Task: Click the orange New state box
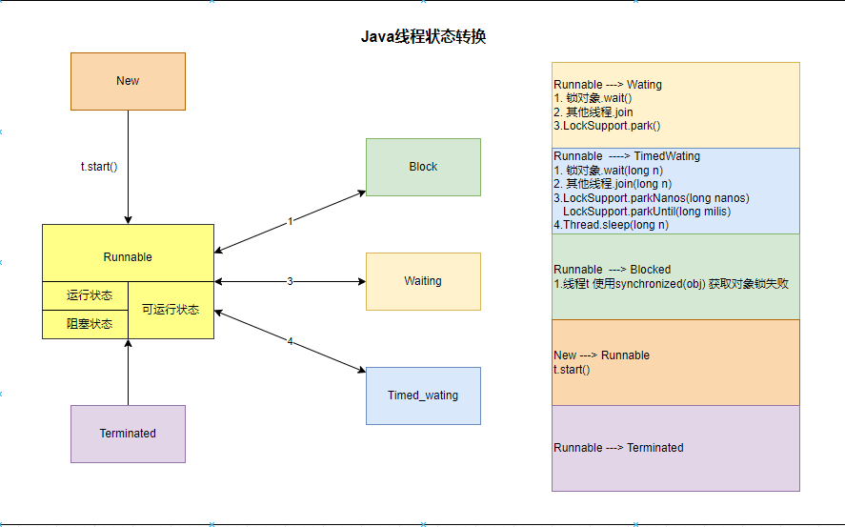pyautogui.click(x=128, y=81)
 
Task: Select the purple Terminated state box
pyautogui.click(x=128, y=434)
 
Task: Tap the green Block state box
pyautogui.click(x=423, y=167)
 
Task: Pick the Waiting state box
pyautogui.click(x=423, y=281)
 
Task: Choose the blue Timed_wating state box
pyautogui.click(x=423, y=395)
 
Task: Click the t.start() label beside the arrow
pyautogui.click(x=98, y=167)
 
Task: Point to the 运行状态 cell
pyautogui.click(x=85, y=295)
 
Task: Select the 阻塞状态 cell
pyautogui.click(x=85, y=324)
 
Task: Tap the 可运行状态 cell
pyautogui.click(x=171, y=310)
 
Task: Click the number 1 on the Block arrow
pyautogui.click(x=290, y=221)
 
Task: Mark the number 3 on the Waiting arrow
pyautogui.click(x=290, y=281)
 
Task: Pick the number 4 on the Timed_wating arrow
pyautogui.click(x=290, y=341)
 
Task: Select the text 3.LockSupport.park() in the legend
pyautogui.click(x=607, y=125)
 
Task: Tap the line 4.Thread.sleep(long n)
pyautogui.click(x=611, y=225)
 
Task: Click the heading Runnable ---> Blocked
pyautogui.click(x=612, y=269)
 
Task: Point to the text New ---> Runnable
pyautogui.click(x=601, y=355)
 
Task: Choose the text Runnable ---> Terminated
pyautogui.click(x=618, y=447)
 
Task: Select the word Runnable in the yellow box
pyautogui.click(x=128, y=257)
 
